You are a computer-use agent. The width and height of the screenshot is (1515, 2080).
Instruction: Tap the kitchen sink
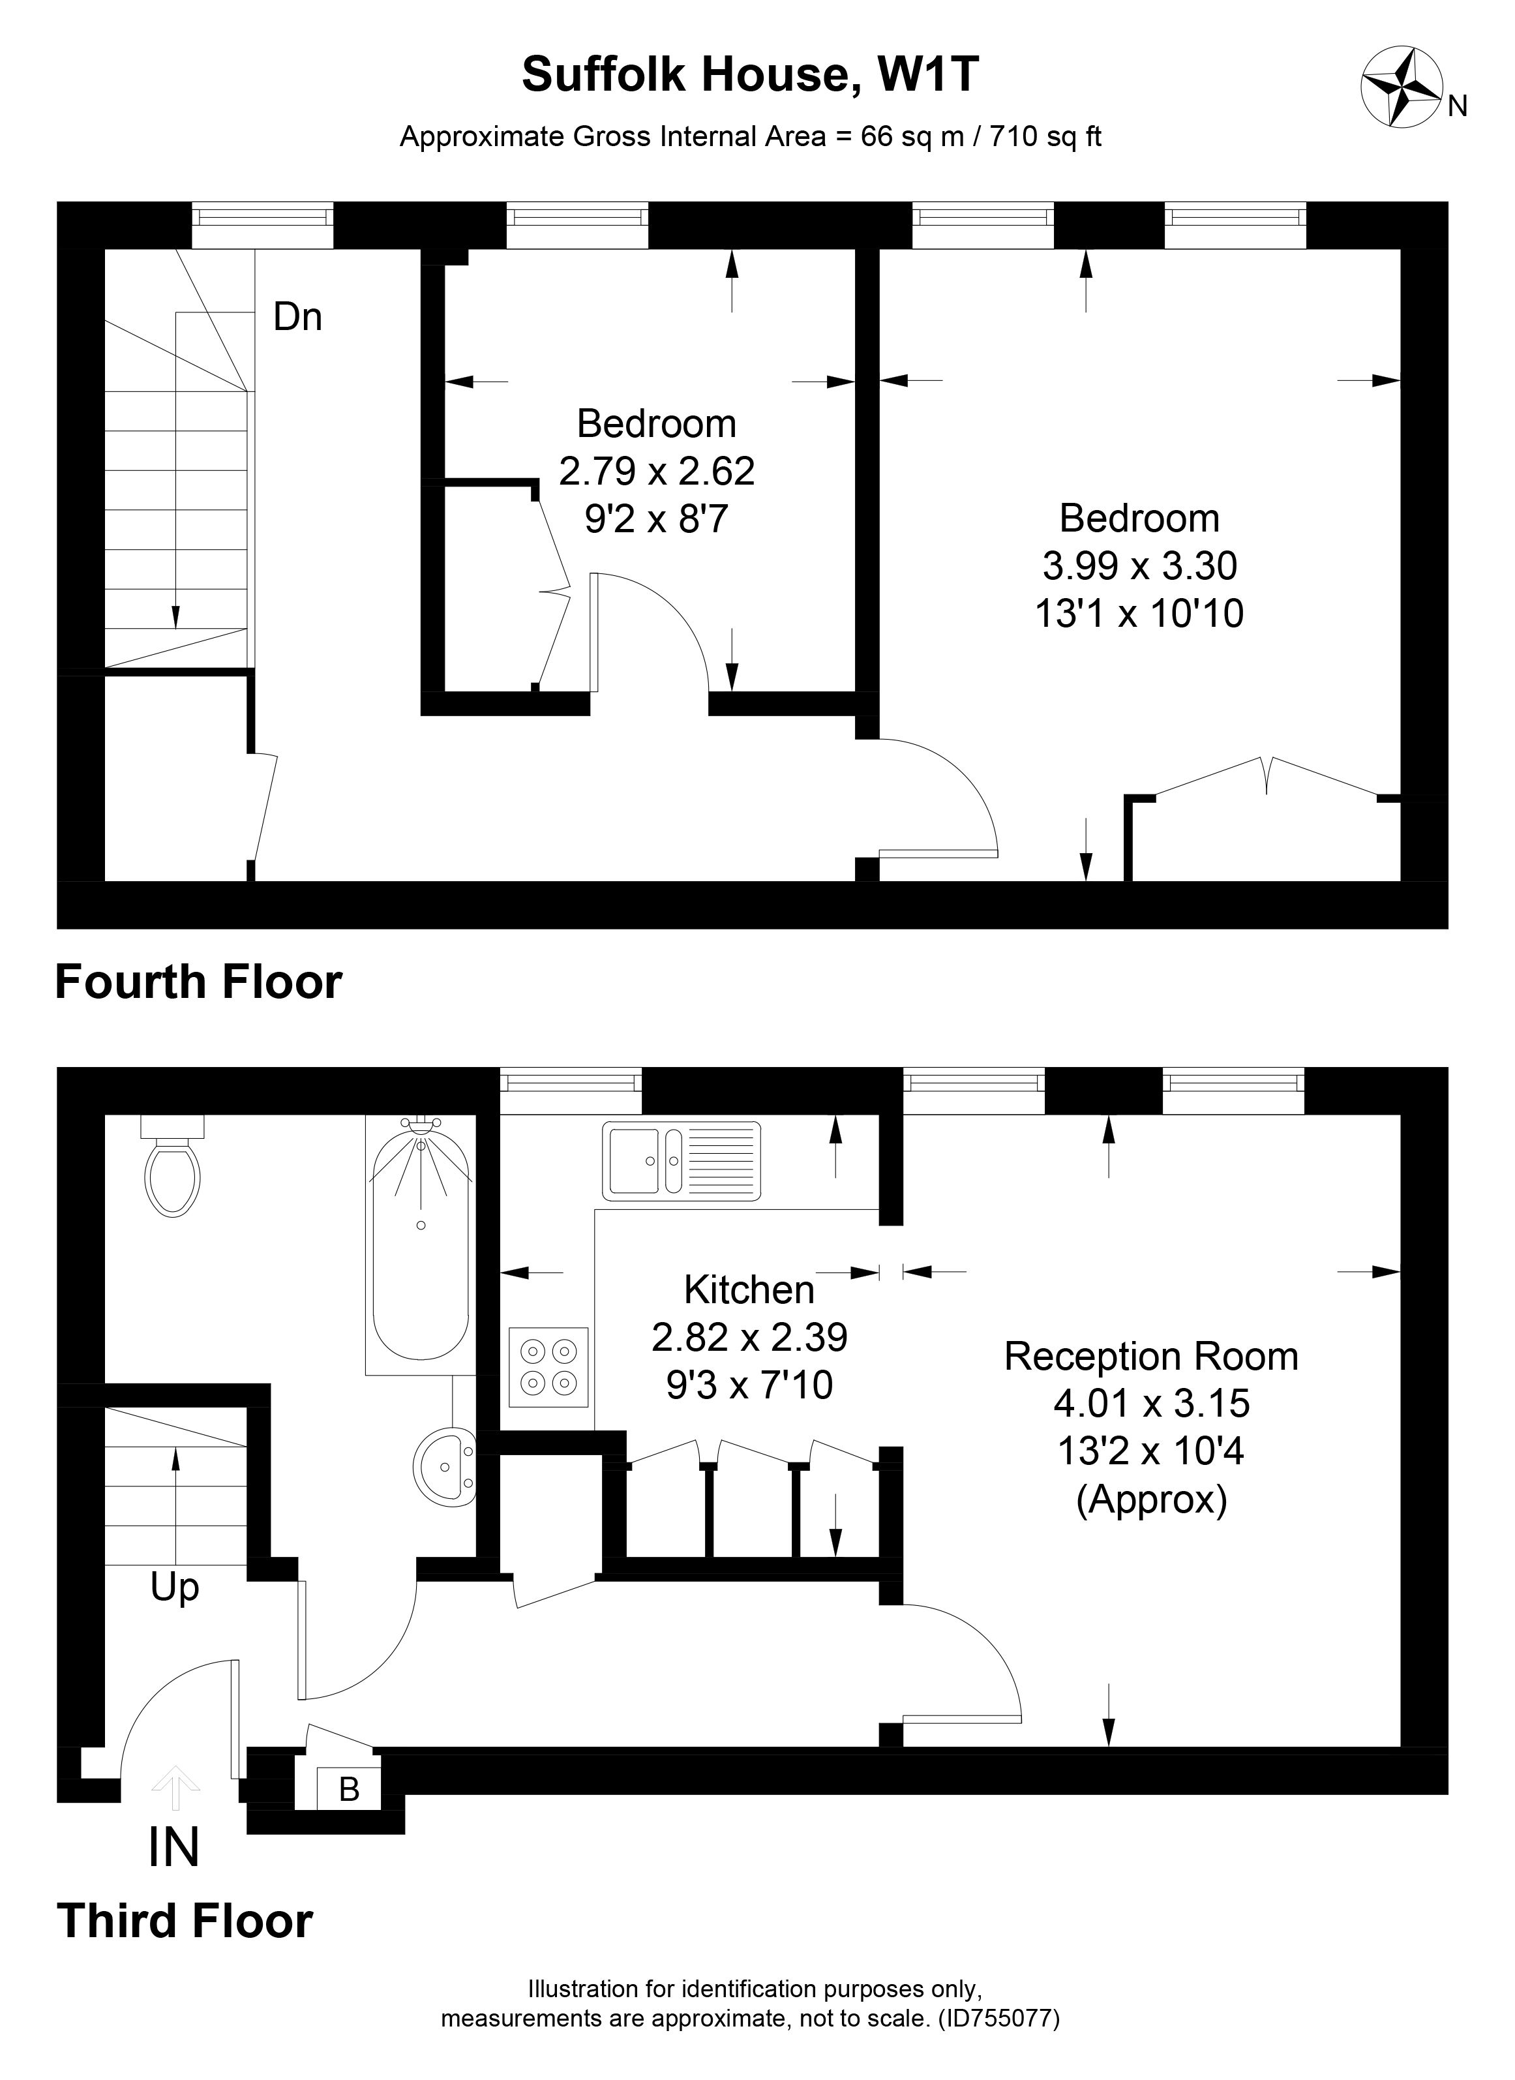tap(682, 1161)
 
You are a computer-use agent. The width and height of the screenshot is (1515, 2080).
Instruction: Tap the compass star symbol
tap(1402, 88)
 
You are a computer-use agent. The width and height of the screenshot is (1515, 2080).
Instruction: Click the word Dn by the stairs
tap(298, 318)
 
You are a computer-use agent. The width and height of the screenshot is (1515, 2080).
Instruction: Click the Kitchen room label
tap(749, 1289)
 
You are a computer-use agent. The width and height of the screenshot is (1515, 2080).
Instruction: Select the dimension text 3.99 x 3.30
tap(1140, 566)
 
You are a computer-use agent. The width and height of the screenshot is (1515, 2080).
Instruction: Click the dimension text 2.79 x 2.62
tap(657, 472)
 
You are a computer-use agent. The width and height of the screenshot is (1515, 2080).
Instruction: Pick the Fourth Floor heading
tap(199, 982)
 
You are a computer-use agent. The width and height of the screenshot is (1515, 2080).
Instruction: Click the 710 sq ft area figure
tap(1045, 137)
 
